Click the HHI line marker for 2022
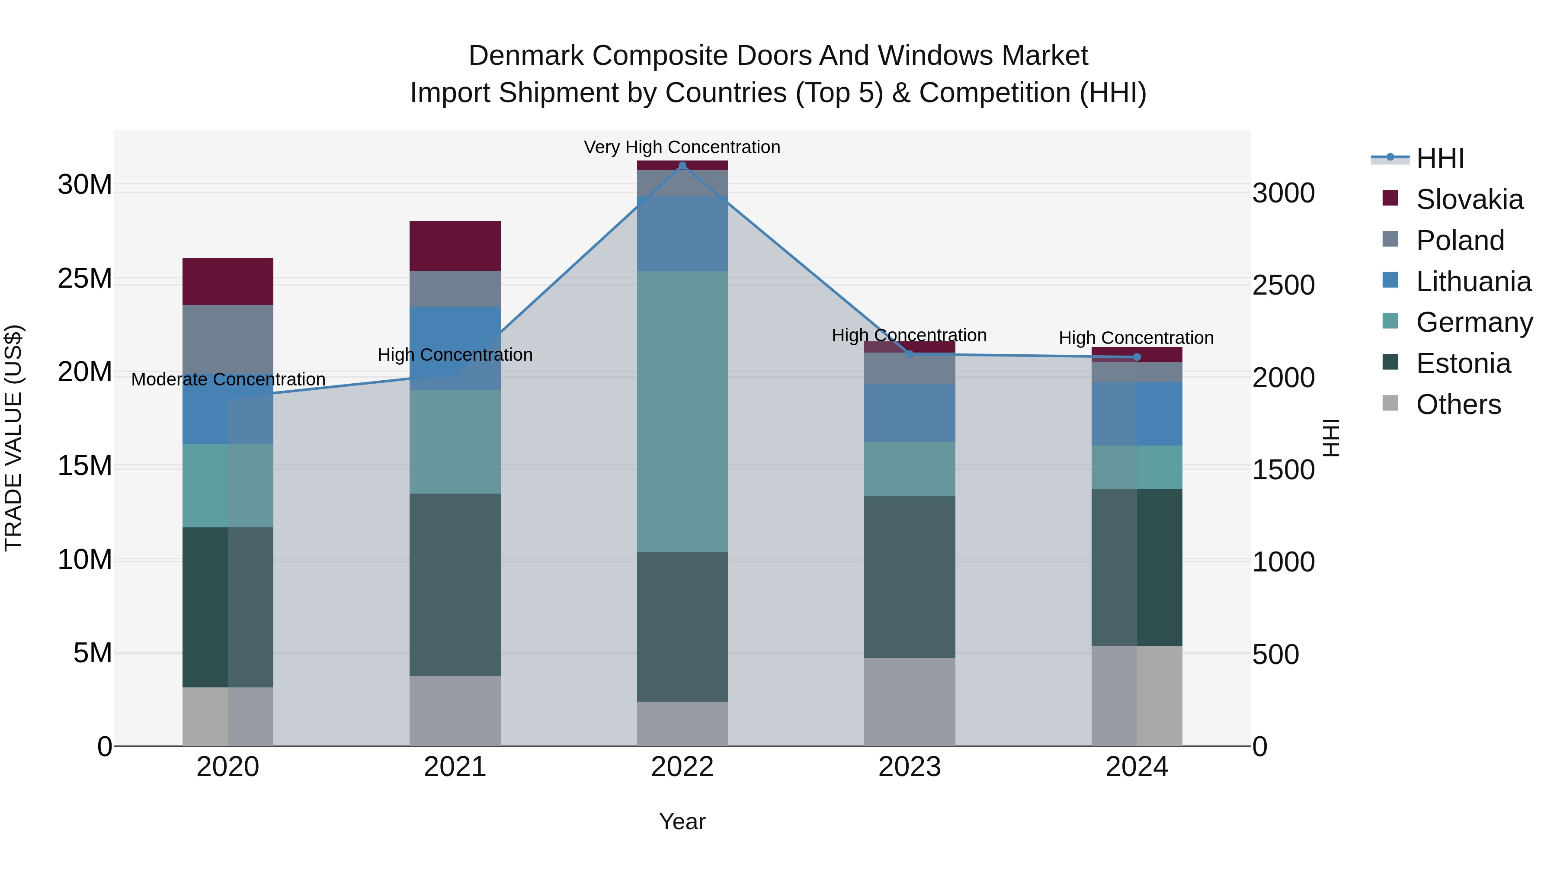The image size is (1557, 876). pyautogui.click(x=682, y=166)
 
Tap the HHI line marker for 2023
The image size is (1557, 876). pyautogui.click(x=910, y=354)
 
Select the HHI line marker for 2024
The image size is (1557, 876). pyautogui.click(x=1137, y=357)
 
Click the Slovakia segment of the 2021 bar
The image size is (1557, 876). pyautogui.click(x=455, y=246)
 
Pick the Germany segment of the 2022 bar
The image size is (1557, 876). pyautogui.click(x=682, y=411)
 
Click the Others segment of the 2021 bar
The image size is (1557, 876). pyautogui.click(x=455, y=711)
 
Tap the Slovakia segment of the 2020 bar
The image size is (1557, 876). pyautogui.click(x=228, y=281)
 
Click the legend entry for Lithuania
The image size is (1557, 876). pyautogui.click(x=1473, y=282)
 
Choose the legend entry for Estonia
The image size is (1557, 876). pyautogui.click(x=1463, y=363)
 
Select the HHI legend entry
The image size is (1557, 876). pyautogui.click(x=1440, y=158)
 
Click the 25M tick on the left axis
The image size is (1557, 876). pyautogui.click(x=85, y=279)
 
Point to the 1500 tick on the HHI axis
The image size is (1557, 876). pyautogui.click(x=1283, y=470)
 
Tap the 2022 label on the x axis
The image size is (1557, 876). pyautogui.click(x=682, y=767)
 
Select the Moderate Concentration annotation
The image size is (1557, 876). pyautogui.click(x=228, y=380)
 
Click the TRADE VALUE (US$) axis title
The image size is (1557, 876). pyautogui.click(x=13, y=438)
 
